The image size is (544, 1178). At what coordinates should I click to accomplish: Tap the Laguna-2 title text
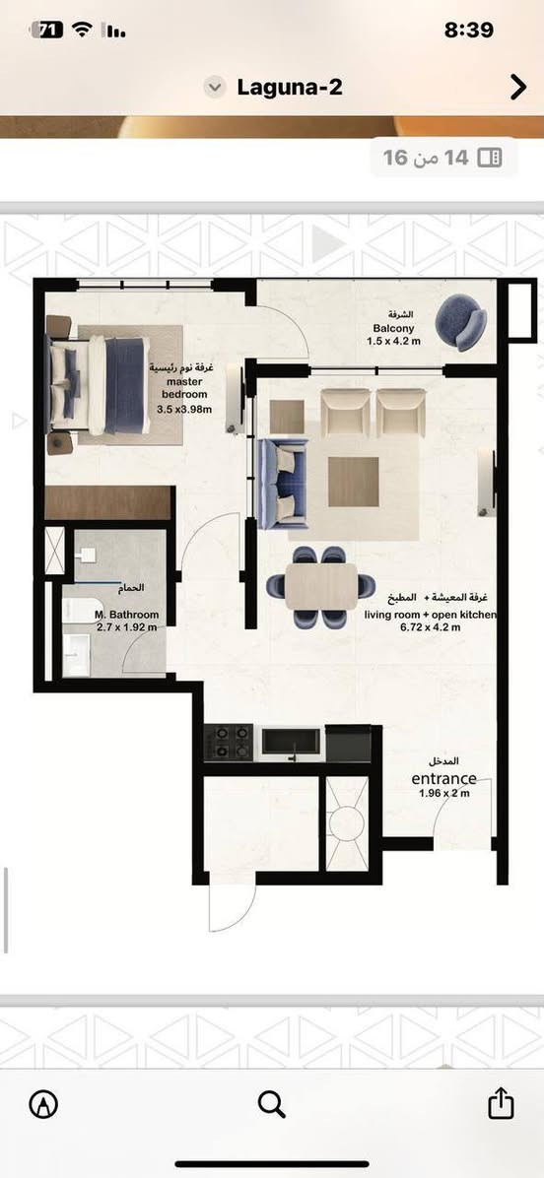[290, 87]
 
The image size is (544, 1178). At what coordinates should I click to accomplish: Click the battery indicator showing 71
[46, 31]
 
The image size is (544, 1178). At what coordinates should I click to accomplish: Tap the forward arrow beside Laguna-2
[518, 87]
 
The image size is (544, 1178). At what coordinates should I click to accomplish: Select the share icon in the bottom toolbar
[501, 1103]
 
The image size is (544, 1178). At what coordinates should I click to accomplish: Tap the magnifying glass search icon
[271, 1104]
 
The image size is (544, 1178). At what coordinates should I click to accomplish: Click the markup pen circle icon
[43, 1103]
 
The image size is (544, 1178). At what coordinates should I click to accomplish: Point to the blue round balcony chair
[461, 321]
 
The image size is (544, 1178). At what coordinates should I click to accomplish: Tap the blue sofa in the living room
[283, 484]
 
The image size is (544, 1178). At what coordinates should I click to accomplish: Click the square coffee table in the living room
[353, 482]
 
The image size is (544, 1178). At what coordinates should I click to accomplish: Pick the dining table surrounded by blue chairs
[321, 586]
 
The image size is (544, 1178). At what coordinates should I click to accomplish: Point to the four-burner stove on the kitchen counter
[230, 743]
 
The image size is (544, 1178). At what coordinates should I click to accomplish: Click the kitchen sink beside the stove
[291, 743]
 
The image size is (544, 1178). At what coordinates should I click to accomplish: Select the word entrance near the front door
[443, 778]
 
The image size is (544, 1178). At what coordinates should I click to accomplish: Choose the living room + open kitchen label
[432, 616]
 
